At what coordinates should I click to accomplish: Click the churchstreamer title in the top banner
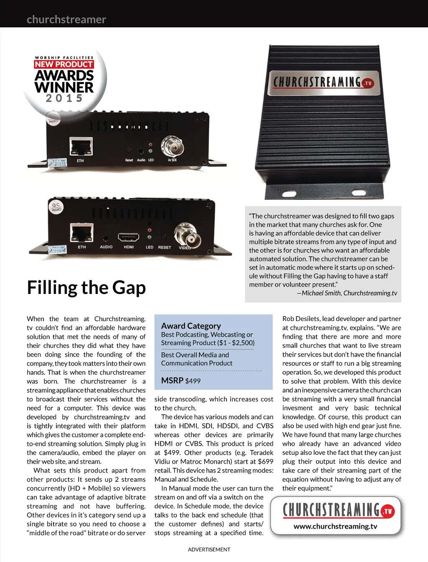coord(66,20)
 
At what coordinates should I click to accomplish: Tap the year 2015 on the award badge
coord(64,98)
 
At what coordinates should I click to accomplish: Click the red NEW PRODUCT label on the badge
coord(64,64)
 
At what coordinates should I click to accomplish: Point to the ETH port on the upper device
coord(81,146)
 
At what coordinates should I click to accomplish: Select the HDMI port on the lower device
coord(129,238)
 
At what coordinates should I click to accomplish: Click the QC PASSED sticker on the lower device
coord(56,207)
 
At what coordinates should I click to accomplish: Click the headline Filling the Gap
coord(87,288)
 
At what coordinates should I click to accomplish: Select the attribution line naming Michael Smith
coord(347,293)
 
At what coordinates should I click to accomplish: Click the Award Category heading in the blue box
coord(191,326)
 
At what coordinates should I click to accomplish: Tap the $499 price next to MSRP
coord(193,381)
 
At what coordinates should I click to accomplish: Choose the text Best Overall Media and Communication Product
coord(196,359)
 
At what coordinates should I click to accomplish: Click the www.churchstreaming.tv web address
coord(335,526)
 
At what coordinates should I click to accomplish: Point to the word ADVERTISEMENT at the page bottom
coord(209,549)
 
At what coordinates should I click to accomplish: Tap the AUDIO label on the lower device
coord(106,247)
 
